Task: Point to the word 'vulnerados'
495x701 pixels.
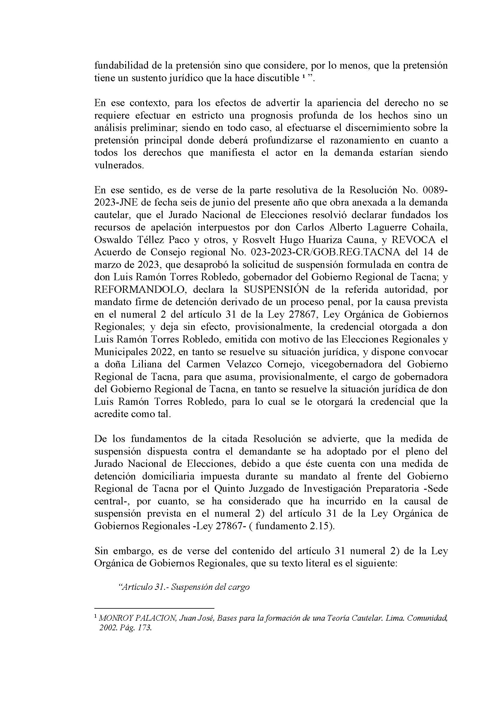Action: pyautogui.click(x=118, y=165)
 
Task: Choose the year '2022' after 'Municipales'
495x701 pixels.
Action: pyautogui.click(x=162, y=352)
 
